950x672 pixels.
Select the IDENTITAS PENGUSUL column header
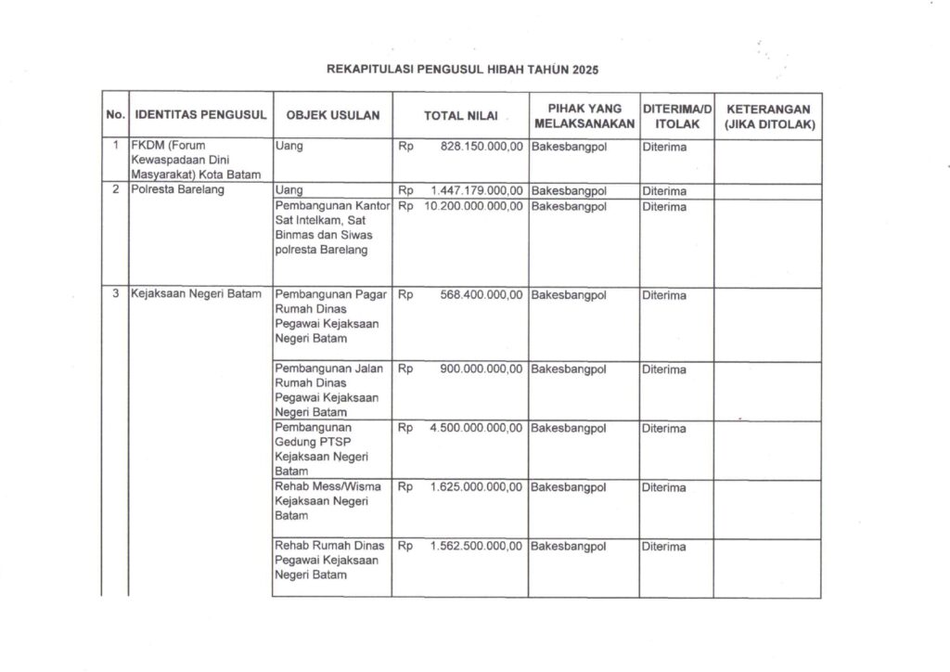[200, 116]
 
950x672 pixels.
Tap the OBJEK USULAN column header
[332, 116]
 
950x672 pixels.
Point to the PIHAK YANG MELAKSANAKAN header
[584, 116]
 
